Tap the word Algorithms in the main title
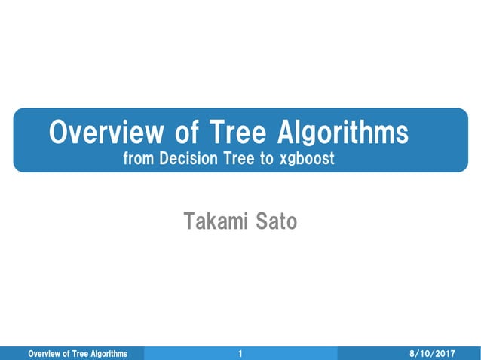pyautogui.click(x=343, y=133)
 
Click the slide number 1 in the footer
pyautogui.click(x=240, y=354)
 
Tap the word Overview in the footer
pyautogui.click(x=44, y=354)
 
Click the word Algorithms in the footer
pyautogui.click(x=106, y=354)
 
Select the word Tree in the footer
pyautogui.click(x=78, y=354)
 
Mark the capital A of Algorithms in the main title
pyautogui.click(x=287, y=133)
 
